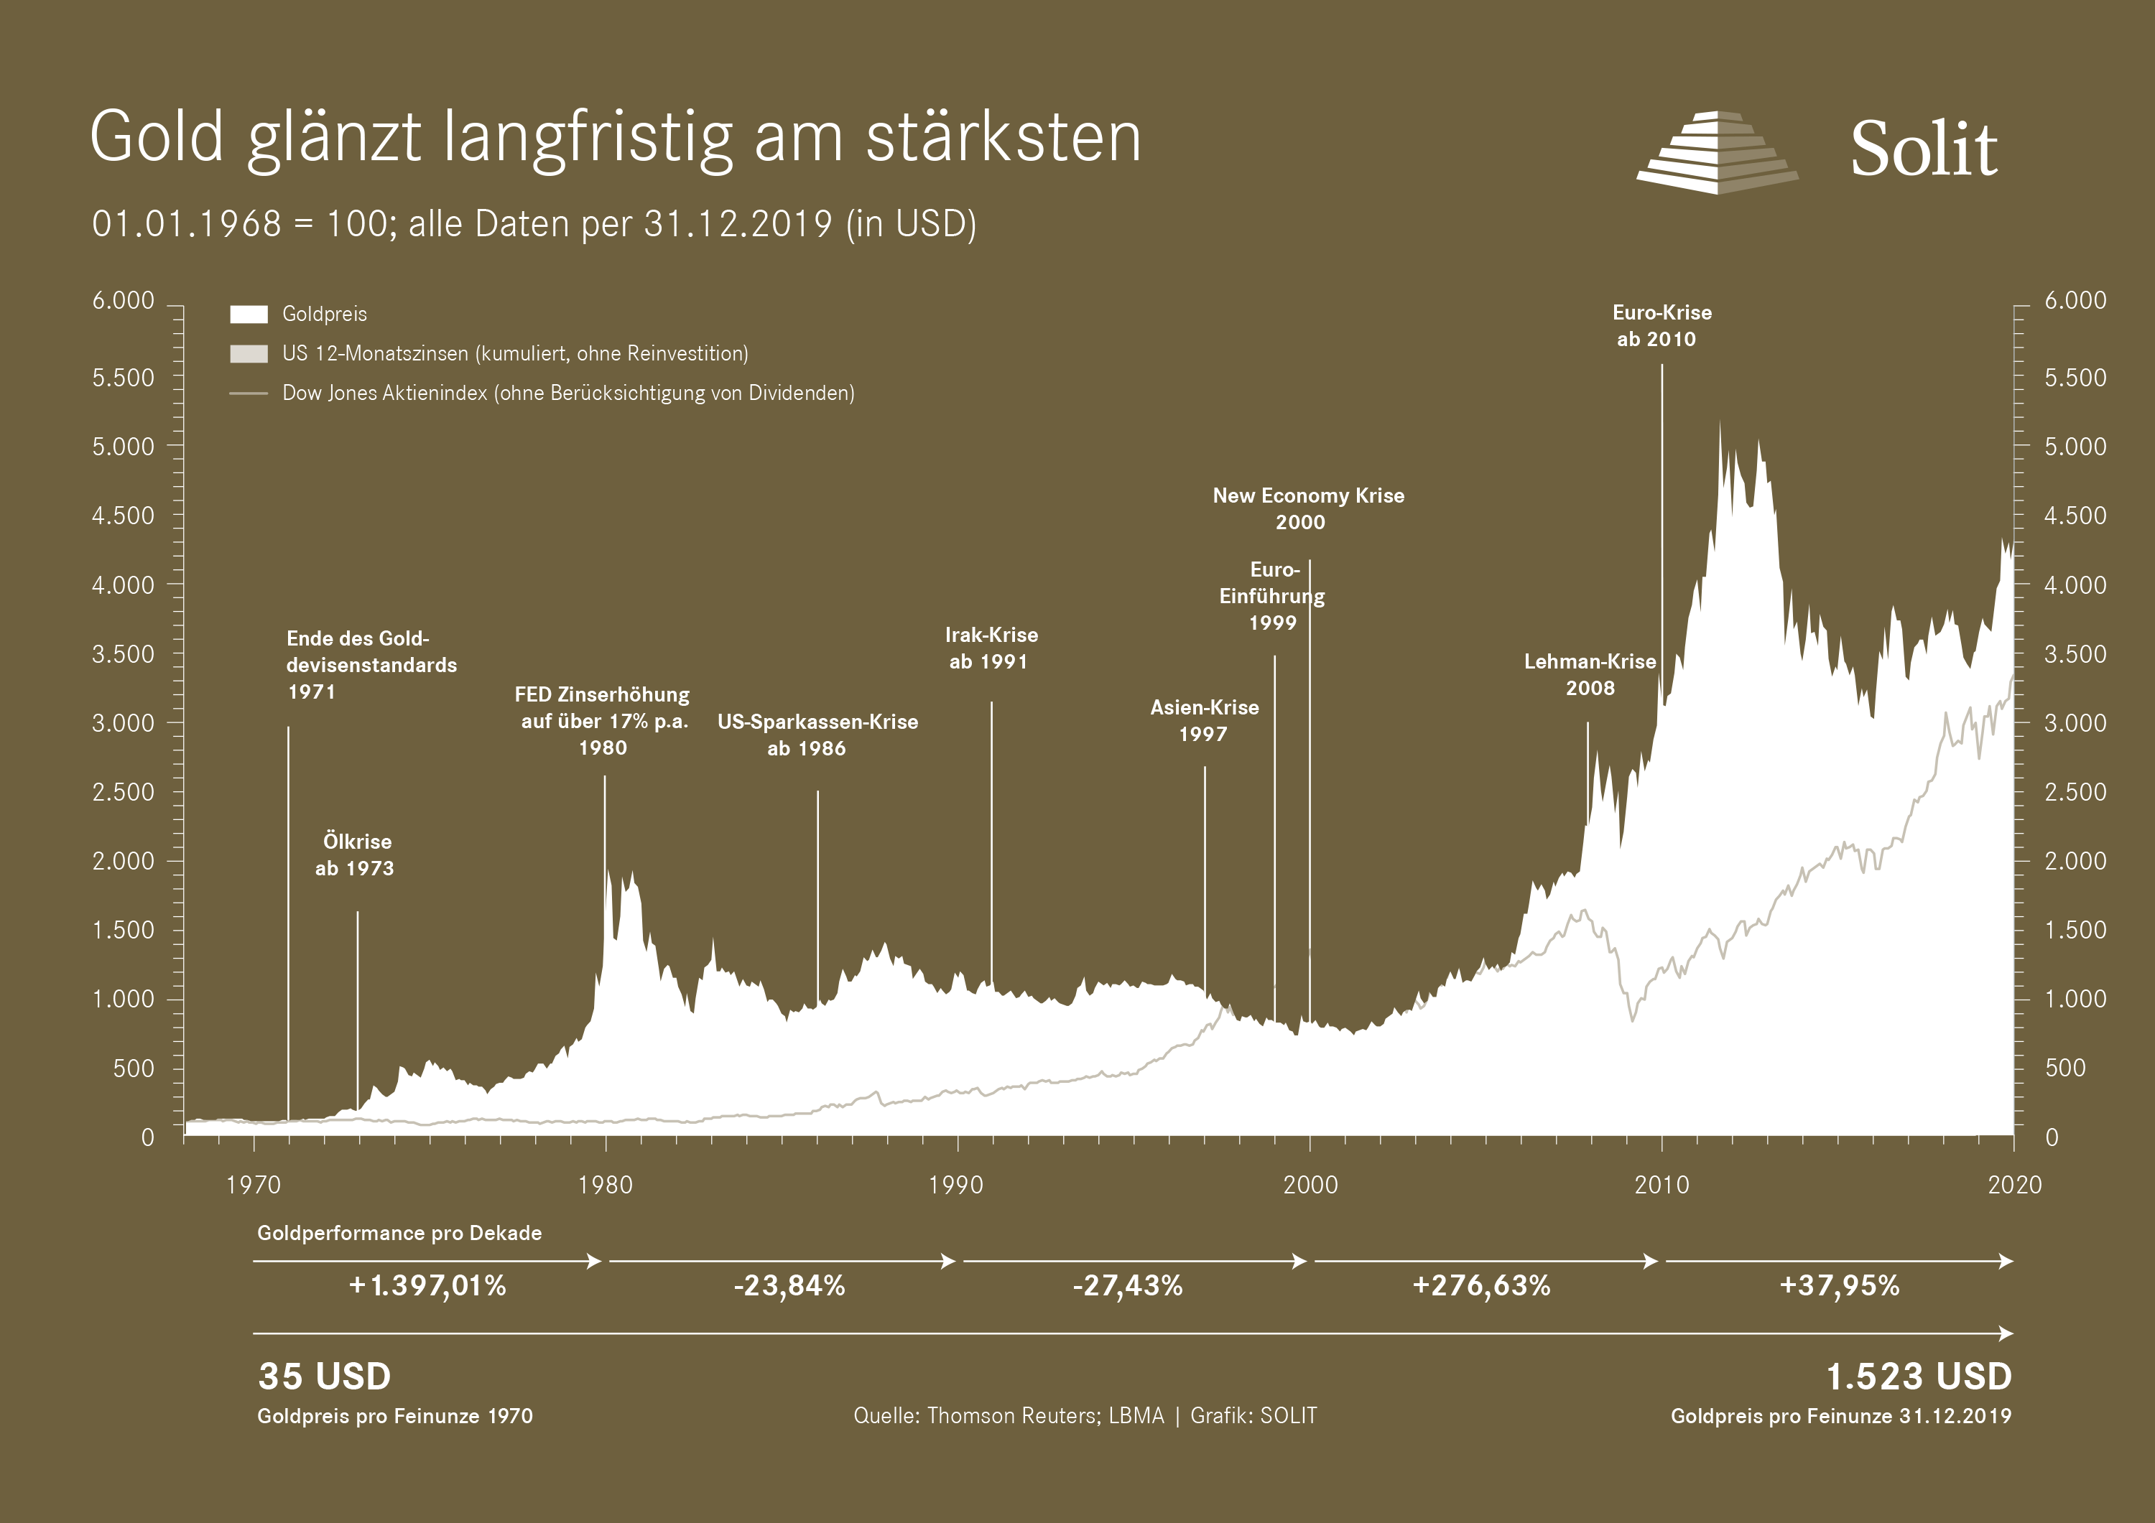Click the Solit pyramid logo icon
(x=1717, y=153)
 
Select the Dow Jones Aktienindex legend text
(x=568, y=393)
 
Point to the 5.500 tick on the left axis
(x=123, y=377)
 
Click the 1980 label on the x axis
(x=606, y=1186)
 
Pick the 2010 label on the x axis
(x=1662, y=1186)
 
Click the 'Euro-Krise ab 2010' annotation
(x=1662, y=325)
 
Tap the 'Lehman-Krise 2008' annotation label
(x=1589, y=675)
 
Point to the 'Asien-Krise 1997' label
(x=1204, y=721)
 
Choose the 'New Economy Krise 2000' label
(x=1307, y=508)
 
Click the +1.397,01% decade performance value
(x=428, y=1285)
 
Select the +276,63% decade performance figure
(x=1481, y=1285)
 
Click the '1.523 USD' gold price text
(x=1919, y=1377)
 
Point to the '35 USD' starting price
(x=325, y=1377)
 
